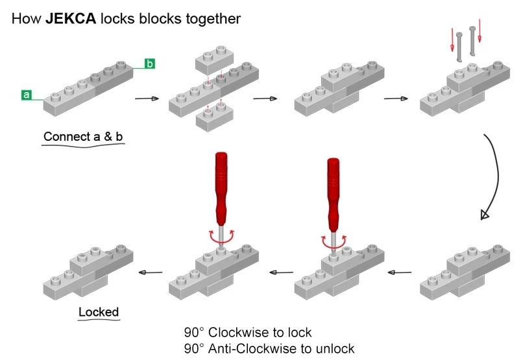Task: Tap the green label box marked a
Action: pyautogui.click(x=27, y=95)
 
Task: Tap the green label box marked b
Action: pyautogui.click(x=150, y=64)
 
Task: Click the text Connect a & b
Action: pyautogui.click(x=82, y=138)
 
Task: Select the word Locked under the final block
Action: pyautogui.click(x=99, y=312)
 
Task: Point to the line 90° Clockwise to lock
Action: pyautogui.click(x=247, y=333)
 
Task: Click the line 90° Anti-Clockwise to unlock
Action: pyautogui.click(x=269, y=348)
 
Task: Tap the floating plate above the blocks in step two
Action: pyautogui.click(x=215, y=64)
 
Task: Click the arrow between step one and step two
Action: pyautogui.click(x=146, y=99)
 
